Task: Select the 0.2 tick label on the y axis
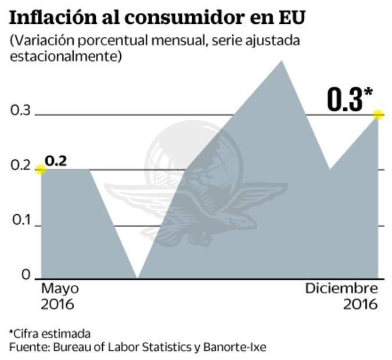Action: click(21, 167)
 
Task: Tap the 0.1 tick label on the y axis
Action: click(21, 222)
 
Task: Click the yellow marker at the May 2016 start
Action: click(40, 170)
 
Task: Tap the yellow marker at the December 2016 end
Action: click(378, 115)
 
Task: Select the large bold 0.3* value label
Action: click(348, 100)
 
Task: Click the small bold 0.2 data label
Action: click(56, 161)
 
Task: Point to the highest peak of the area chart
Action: click(282, 61)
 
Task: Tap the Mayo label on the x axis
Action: click(60, 289)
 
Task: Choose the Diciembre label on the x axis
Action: click(341, 289)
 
